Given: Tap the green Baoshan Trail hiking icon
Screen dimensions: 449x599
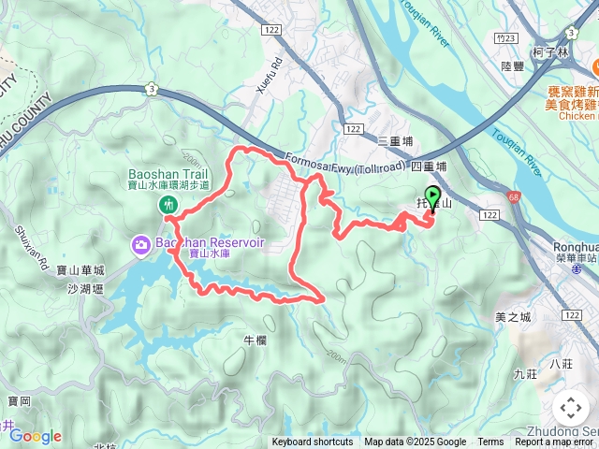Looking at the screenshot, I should [x=168, y=203].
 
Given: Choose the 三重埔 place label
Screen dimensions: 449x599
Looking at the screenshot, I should [x=394, y=141].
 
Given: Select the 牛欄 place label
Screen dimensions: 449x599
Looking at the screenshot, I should [x=256, y=340].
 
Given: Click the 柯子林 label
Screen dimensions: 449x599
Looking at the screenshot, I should [x=550, y=53].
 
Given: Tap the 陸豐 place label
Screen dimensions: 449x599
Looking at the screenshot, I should [x=512, y=66].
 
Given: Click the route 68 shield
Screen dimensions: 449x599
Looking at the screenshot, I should [x=514, y=197].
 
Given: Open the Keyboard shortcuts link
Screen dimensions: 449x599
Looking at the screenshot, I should [x=313, y=442].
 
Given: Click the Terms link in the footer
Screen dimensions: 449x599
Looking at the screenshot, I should [x=490, y=442].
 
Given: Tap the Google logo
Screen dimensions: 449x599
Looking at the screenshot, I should [x=36, y=436].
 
